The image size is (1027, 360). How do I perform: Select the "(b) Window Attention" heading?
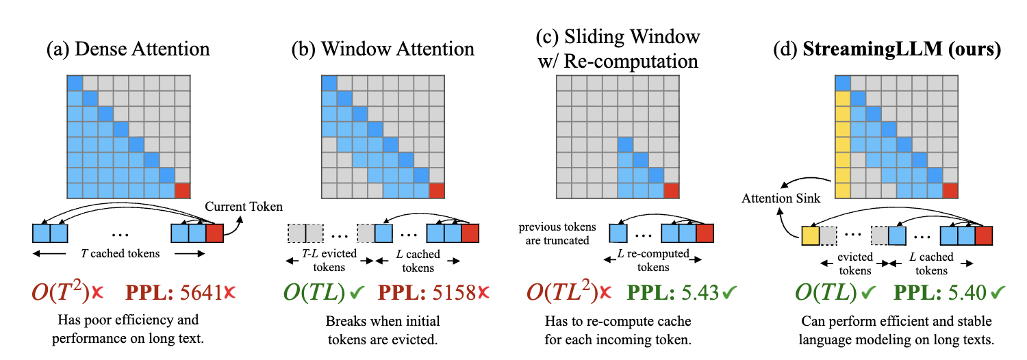click(x=383, y=49)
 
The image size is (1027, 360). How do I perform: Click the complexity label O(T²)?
click(x=61, y=294)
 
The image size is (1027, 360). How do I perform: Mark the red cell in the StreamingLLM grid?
click(x=950, y=190)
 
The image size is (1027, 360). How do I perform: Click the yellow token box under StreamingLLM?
click(x=810, y=236)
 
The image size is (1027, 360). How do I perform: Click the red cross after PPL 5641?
click(x=229, y=294)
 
